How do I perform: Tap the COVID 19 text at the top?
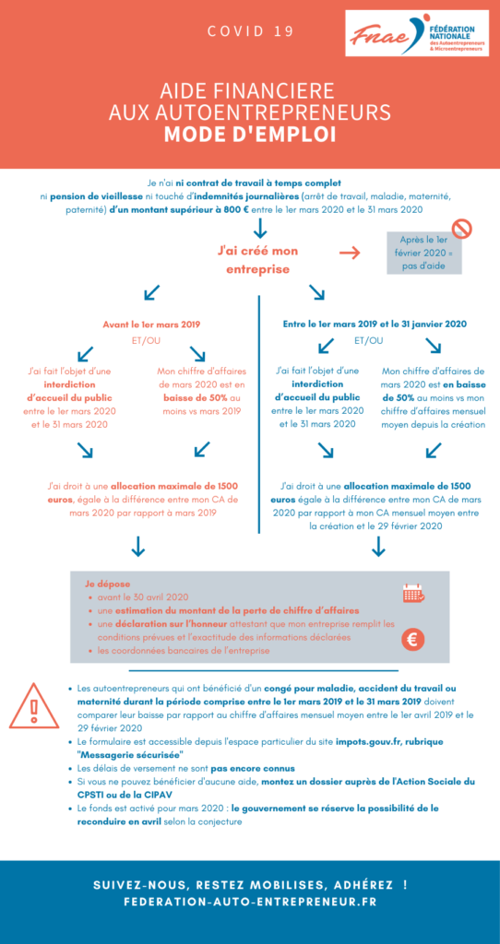tap(251, 31)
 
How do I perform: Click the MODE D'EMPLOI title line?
tap(250, 135)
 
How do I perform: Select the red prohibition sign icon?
tap(462, 229)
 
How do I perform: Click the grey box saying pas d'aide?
tap(424, 253)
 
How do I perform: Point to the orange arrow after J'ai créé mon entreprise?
tap(350, 253)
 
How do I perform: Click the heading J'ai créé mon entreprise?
tap(257, 259)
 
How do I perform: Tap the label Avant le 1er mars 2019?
tap(151, 324)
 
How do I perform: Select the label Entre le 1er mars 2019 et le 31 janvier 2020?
tap(375, 324)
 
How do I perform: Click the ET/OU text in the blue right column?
tap(368, 340)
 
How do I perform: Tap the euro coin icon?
tap(412, 641)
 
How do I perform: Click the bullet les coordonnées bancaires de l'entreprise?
tap(184, 651)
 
